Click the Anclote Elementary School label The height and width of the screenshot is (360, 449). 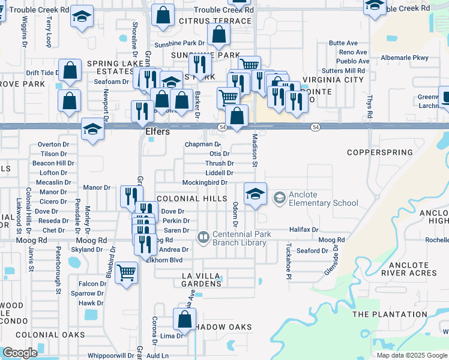click(x=316, y=199)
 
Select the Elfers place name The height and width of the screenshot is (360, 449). click(x=158, y=131)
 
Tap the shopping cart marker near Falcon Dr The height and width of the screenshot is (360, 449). click(x=126, y=274)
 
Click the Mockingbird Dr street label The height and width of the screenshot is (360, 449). click(x=205, y=182)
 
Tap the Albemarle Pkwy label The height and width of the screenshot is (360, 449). click(x=405, y=58)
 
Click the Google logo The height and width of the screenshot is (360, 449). click(x=20, y=353)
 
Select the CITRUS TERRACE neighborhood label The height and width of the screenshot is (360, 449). click(x=206, y=21)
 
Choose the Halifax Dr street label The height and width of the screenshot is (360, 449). click(x=303, y=230)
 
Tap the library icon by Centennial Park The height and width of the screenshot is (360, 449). click(x=203, y=238)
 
